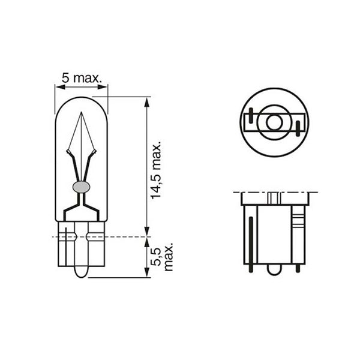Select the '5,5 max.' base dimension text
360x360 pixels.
164,257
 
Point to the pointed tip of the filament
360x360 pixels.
82,115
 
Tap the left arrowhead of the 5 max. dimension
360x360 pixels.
58,87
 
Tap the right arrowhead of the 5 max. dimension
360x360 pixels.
105,87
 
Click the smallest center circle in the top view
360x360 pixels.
274,121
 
